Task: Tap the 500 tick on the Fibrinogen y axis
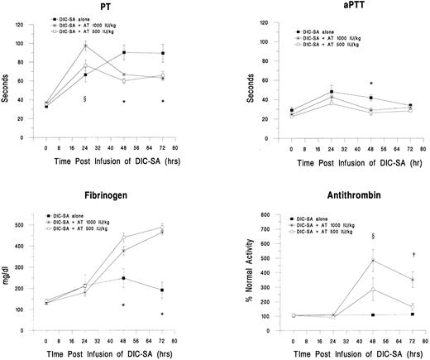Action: click(x=19, y=224)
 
